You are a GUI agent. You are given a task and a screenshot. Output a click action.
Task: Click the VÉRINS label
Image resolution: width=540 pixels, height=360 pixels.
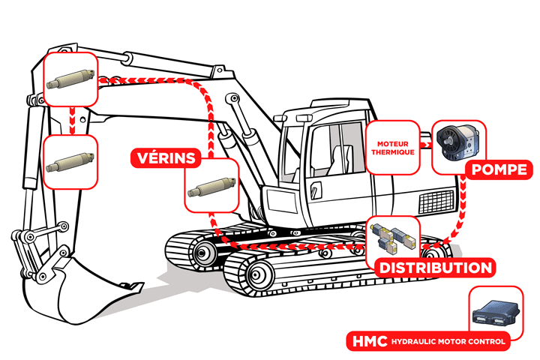[x=166, y=158]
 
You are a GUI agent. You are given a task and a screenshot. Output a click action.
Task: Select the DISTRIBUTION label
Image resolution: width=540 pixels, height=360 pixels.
[x=434, y=268]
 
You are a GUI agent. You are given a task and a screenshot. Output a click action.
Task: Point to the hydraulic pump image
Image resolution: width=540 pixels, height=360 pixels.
[x=458, y=142]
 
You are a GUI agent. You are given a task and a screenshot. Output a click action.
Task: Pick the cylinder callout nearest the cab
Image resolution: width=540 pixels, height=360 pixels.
[x=211, y=187]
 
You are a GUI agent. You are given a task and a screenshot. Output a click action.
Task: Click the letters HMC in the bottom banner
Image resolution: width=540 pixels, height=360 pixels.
[x=365, y=342]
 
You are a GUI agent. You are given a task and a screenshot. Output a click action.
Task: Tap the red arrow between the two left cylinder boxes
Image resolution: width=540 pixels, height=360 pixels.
[x=71, y=120]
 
